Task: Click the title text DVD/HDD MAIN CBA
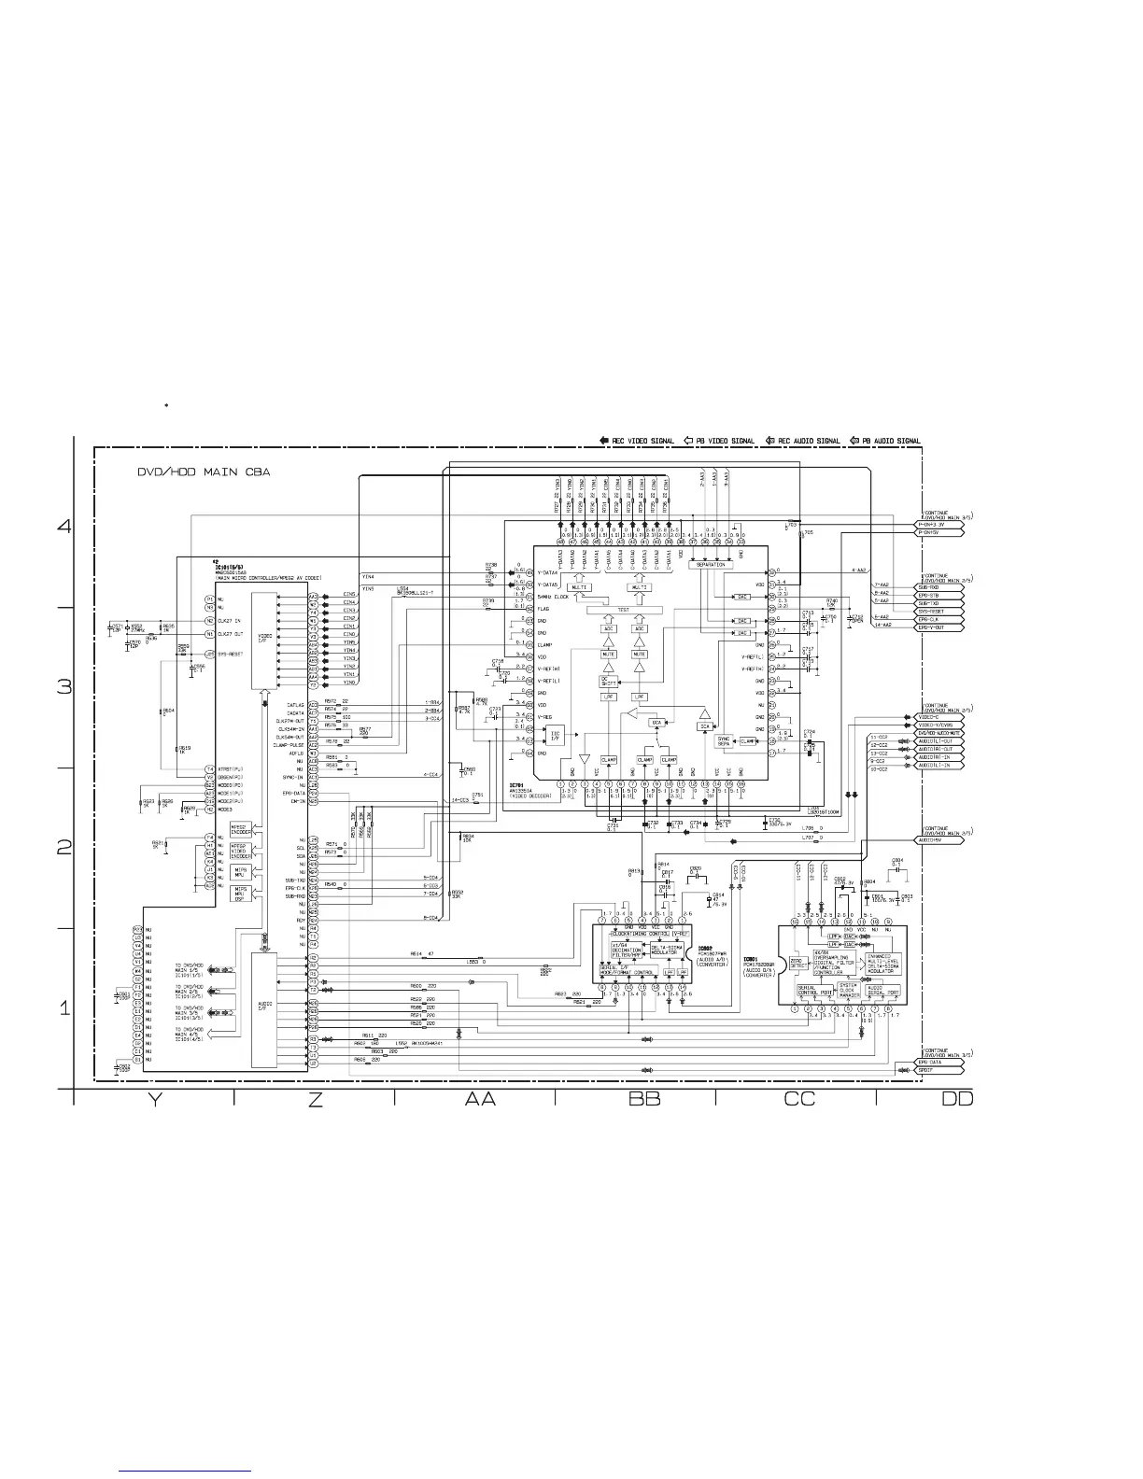[204, 472]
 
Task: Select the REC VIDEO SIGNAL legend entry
[637, 441]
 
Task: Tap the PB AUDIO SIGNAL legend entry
[884, 441]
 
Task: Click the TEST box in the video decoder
[624, 609]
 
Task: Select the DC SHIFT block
[608, 682]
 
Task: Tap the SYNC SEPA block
[724, 740]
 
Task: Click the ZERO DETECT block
[798, 963]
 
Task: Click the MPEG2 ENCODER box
[239, 829]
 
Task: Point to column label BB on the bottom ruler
[644, 1100]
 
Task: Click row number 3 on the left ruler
[64, 687]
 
